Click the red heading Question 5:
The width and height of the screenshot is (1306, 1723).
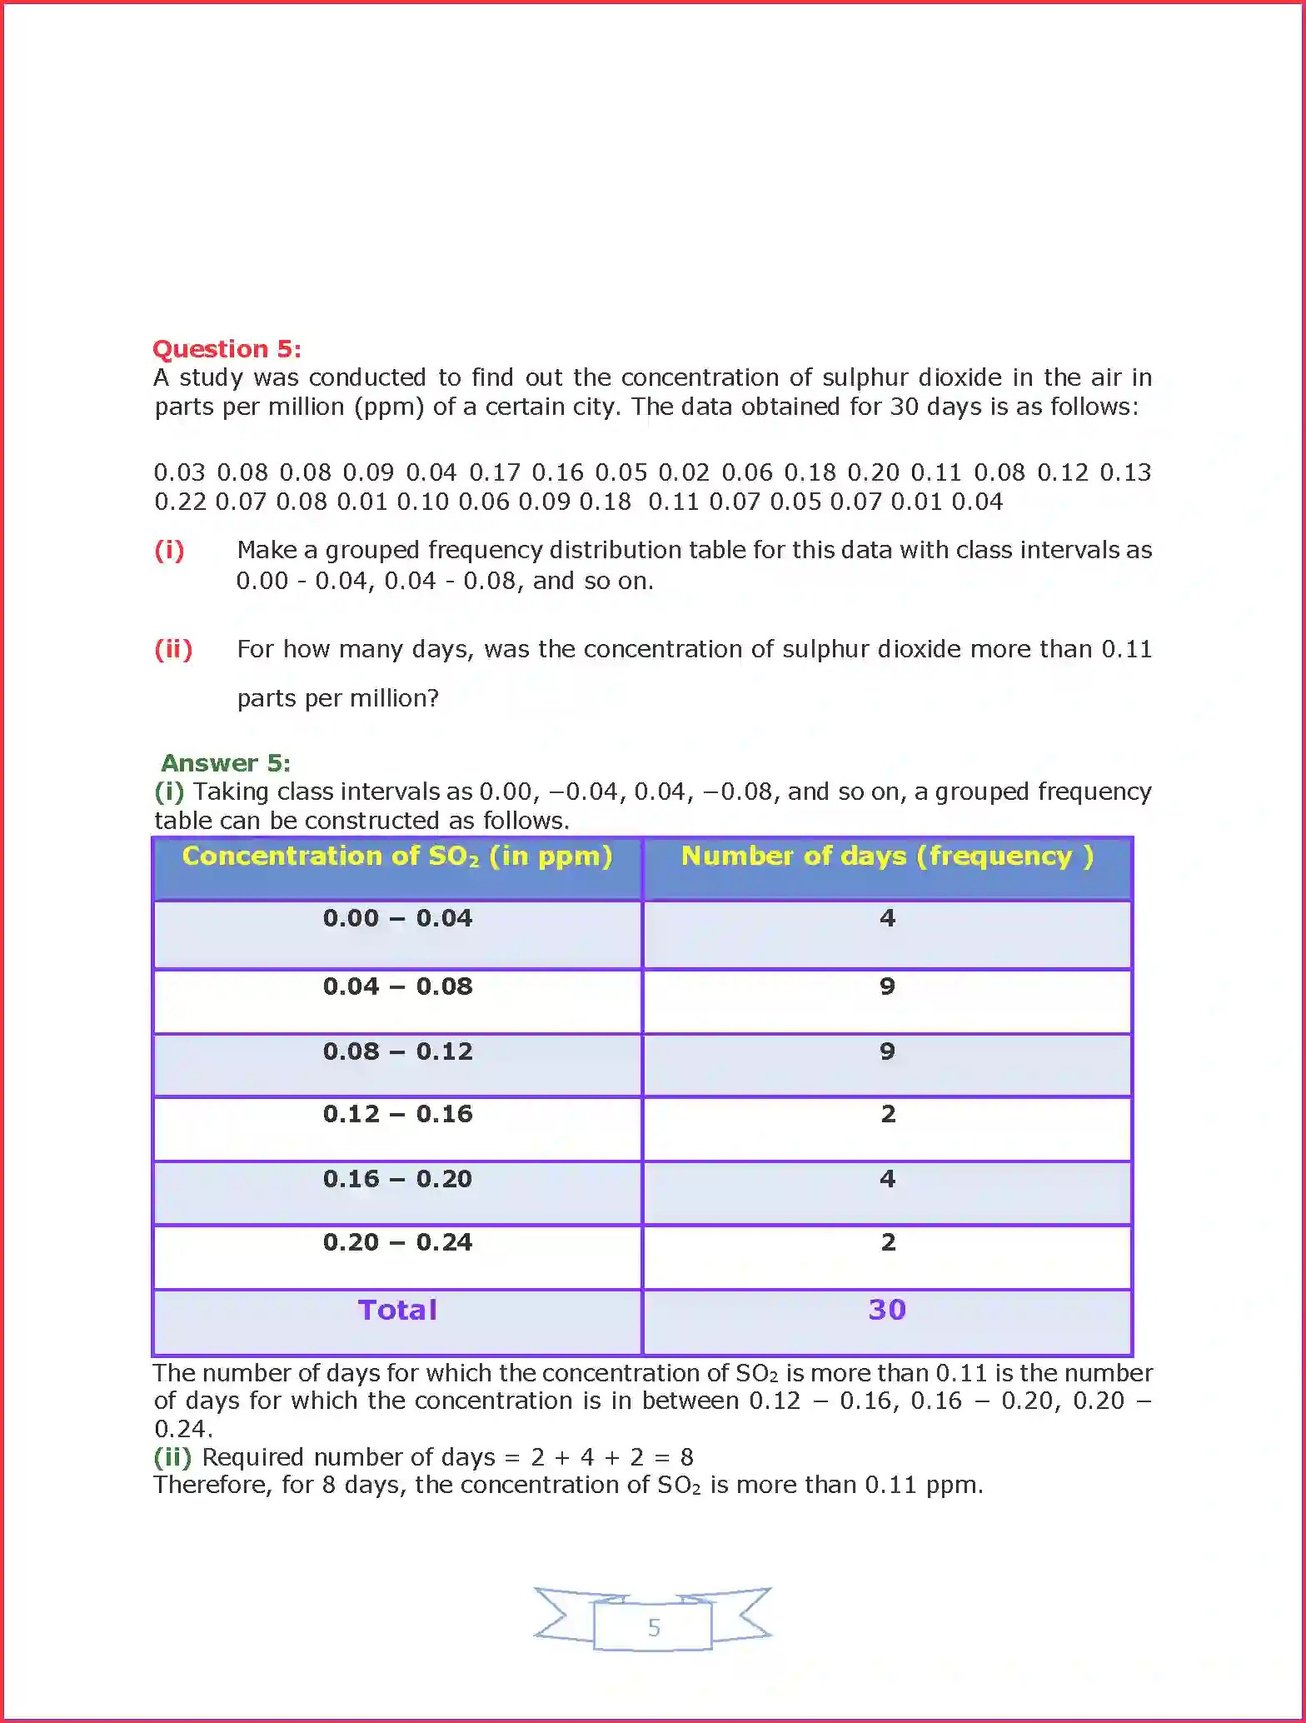tap(227, 348)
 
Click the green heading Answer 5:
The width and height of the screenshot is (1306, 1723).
tap(225, 762)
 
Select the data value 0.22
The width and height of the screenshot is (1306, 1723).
tap(180, 502)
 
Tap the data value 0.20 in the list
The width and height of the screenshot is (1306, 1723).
tap(873, 472)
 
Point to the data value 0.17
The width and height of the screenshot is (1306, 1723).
tap(495, 472)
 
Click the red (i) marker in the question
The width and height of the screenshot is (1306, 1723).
tap(169, 550)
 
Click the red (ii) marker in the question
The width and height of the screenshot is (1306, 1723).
tap(173, 649)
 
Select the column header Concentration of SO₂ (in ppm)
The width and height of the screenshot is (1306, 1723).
tap(397, 857)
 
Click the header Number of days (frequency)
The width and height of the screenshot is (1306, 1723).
tap(887, 857)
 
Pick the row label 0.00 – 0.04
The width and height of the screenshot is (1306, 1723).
tap(397, 918)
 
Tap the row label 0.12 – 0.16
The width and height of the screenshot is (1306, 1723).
tap(397, 1114)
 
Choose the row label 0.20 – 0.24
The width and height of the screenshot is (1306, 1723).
tap(397, 1242)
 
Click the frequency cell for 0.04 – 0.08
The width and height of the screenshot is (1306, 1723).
tap(887, 986)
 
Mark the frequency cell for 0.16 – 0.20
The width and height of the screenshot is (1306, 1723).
tap(887, 1179)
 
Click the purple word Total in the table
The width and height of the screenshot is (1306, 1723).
tap(397, 1310)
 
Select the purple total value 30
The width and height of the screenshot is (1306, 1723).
tap(887, 1310)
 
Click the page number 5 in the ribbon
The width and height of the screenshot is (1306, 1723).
tap(654, 1627)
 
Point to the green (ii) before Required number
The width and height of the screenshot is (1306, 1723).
tap(173, 1456)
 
